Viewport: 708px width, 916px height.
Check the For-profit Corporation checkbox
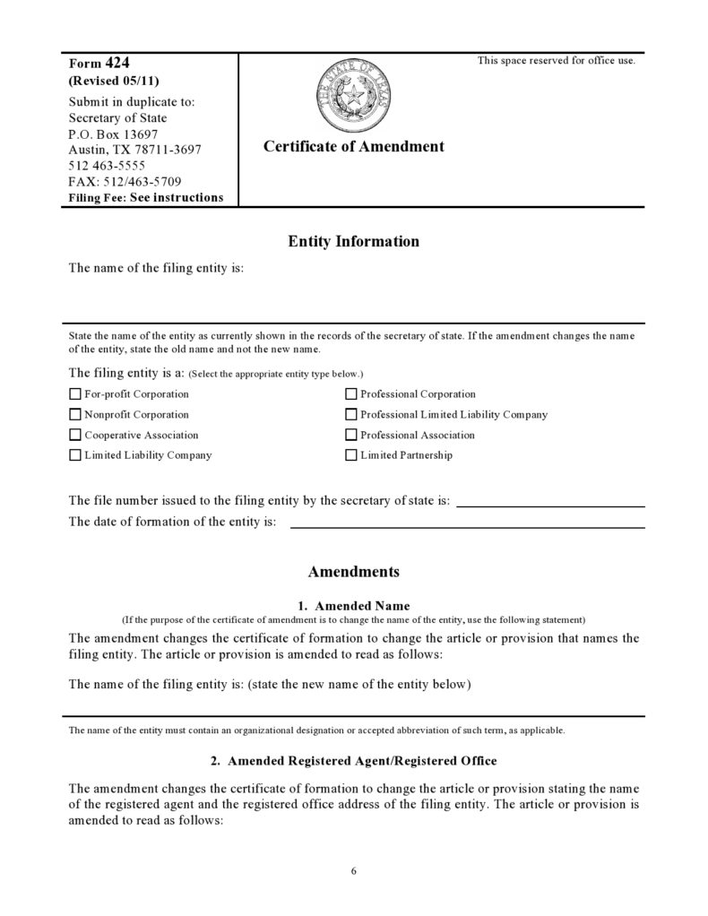click(75, 394)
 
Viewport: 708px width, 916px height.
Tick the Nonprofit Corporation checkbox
click(75, 415)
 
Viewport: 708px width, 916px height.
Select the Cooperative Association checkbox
click(75, 436)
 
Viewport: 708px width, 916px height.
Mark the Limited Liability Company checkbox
click(75, 455)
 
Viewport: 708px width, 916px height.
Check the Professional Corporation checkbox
click(351, 394)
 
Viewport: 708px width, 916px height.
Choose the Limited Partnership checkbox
click(351, 455)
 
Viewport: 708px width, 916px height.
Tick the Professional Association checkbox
click(351, 436)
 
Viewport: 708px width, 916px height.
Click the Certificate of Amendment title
click(353, 147)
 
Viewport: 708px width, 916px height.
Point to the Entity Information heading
click(353, 242)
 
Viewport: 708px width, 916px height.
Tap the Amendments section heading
click(353, 572)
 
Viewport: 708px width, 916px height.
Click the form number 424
click(118, 63)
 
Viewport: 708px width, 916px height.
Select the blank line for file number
click(550, 504)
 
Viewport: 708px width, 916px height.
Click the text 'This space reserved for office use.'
click(556, 61)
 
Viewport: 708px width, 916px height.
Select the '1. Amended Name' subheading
click(353, 606)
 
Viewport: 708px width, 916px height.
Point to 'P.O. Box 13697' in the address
click(113, 134)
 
